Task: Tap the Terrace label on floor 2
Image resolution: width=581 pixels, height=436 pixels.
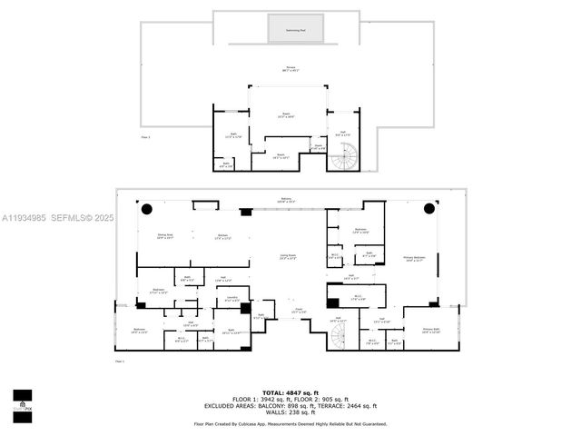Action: (290, 69)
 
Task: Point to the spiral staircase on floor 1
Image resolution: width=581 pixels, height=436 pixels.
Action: (340, 337)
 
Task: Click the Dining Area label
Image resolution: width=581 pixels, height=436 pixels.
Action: (165, 236)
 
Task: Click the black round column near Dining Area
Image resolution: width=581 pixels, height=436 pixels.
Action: (146, 209)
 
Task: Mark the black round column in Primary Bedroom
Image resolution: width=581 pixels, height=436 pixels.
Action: (429, 209)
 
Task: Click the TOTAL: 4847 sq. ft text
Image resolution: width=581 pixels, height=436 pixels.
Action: (290, 391)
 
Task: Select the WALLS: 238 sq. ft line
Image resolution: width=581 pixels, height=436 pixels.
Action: (290, 412)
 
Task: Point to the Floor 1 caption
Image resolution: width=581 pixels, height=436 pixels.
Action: (120, 361)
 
